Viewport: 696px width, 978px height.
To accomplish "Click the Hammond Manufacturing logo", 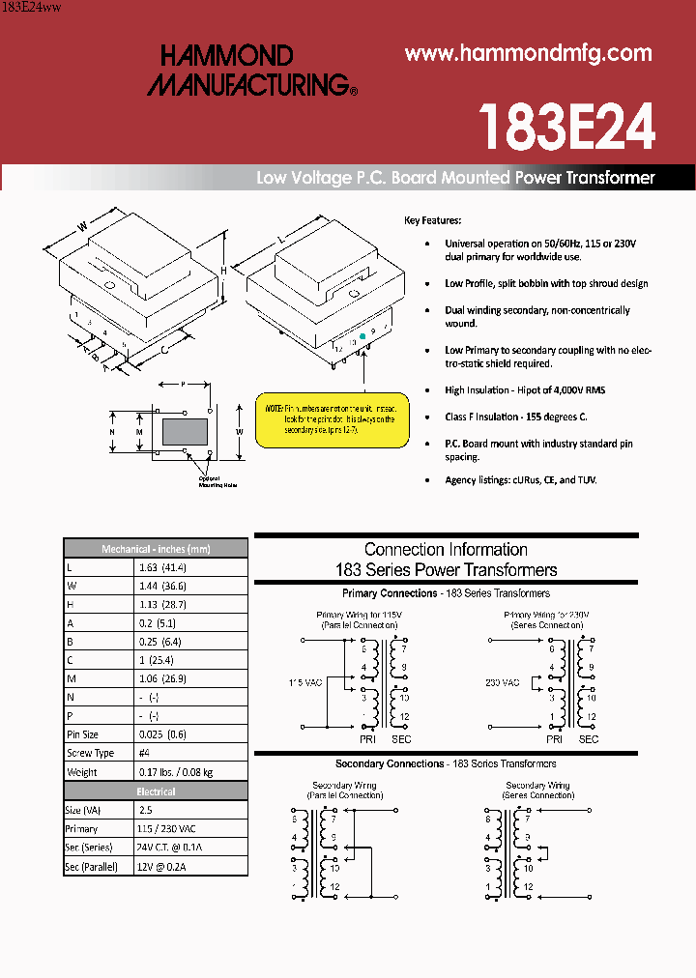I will click(x=251, y=71).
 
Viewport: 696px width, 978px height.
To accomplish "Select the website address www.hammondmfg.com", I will click(x=529, y=53).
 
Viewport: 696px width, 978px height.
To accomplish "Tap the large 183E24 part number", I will click(x=567, y=126).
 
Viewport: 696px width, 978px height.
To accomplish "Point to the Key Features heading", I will click(x=432, y=220).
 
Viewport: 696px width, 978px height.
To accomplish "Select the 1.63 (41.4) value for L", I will click(x=162, y=567).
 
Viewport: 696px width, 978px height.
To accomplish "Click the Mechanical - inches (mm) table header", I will click(x=156, y=549).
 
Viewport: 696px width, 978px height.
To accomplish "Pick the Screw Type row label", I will click(x=90, y=753).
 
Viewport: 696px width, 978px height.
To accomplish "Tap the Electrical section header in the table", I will click(x=156, y=791).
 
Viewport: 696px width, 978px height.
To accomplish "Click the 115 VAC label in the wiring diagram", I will click(x=305, y=682).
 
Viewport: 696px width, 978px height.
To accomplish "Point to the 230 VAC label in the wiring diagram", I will click(x=503, y=682).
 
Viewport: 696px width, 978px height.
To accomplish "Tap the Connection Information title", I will click(x=446, y=550).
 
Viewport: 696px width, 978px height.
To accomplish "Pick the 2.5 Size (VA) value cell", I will click(x=146, y=810).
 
